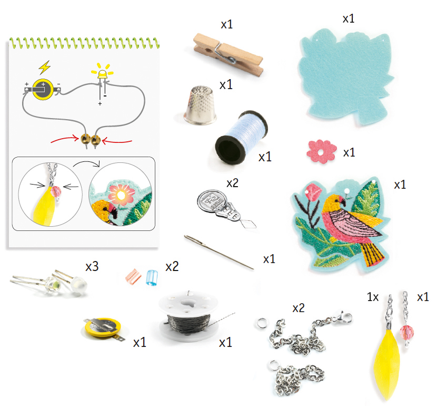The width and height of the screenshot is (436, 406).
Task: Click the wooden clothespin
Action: (228, 54)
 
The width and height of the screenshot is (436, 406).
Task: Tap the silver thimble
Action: (200, 105)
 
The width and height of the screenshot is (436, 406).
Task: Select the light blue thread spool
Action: (241, 137)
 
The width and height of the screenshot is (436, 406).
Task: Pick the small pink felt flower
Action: (321, 151)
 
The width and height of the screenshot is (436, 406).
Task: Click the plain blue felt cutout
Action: (346, 76)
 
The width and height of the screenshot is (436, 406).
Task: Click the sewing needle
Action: (219, 252)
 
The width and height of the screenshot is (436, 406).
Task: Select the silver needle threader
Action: (226, 209)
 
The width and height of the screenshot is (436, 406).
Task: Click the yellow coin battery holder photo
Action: (103, 328)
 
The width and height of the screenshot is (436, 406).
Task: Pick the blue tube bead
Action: (152, 277)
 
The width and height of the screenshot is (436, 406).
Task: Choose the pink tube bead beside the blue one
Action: (133, 276)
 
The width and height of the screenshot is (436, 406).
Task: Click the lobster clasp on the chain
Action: (343, 317)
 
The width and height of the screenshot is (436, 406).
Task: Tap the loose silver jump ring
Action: (262, 324)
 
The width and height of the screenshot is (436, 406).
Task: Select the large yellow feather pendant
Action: (387, 362)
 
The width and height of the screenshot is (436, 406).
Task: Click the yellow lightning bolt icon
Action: (44, 67)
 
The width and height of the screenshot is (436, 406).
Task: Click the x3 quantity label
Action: (92, 267)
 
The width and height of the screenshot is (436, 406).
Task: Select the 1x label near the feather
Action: (373, 297)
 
